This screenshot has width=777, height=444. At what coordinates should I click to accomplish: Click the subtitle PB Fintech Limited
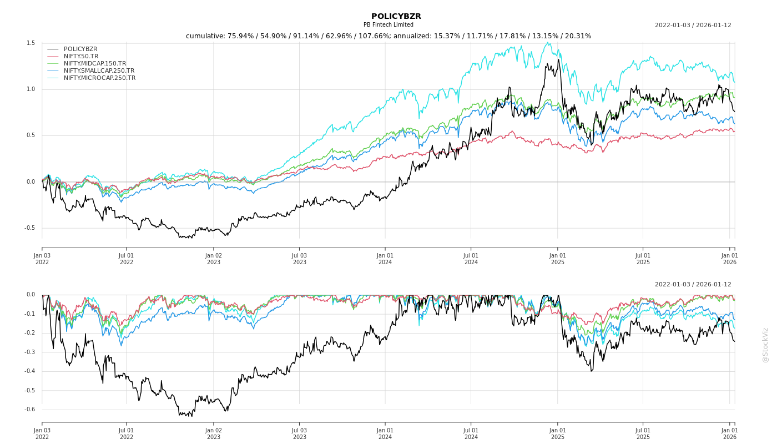click(x=389, y=25)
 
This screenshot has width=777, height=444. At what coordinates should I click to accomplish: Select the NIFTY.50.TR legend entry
click(x=81, y=56)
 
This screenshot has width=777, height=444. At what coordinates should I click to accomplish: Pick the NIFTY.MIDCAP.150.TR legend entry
click(x=95, y=63)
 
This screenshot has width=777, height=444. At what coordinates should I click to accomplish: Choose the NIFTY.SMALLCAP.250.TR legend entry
click(x=99, y=70)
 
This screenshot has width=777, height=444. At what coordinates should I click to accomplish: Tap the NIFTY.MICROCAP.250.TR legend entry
click(x=99, y=78)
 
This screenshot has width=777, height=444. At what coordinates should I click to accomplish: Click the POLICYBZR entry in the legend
click(x=80, y=49)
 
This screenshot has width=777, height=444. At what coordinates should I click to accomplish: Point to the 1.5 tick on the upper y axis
click(x=31, y=43)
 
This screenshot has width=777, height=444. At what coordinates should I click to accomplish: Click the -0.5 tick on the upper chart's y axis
click(x=29, y=228)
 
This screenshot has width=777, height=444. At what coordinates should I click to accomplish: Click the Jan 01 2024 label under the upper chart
click(x=385, y=259)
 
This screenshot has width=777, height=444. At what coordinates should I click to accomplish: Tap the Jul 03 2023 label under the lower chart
click(x=299, y=433)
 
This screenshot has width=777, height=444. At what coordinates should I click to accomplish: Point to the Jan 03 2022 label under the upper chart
click(x=42, y=259)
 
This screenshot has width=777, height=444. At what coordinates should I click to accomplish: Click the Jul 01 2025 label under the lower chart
click(x=643, y=433)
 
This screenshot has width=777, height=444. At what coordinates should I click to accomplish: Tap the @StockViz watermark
click(x=765, y=345)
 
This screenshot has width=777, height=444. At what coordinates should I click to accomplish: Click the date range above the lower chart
click(x=693, y=284)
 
